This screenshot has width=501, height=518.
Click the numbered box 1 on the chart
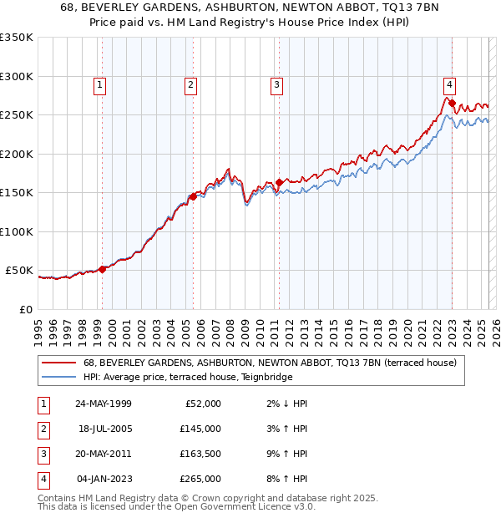coord(99,84)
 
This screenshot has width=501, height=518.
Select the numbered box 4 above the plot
coord(449,84)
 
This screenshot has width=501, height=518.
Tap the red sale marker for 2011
coord(279,181)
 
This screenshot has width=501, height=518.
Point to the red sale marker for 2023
coord(452,104)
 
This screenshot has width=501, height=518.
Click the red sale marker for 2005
coord(192,196)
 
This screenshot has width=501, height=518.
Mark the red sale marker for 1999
coord(103,269)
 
